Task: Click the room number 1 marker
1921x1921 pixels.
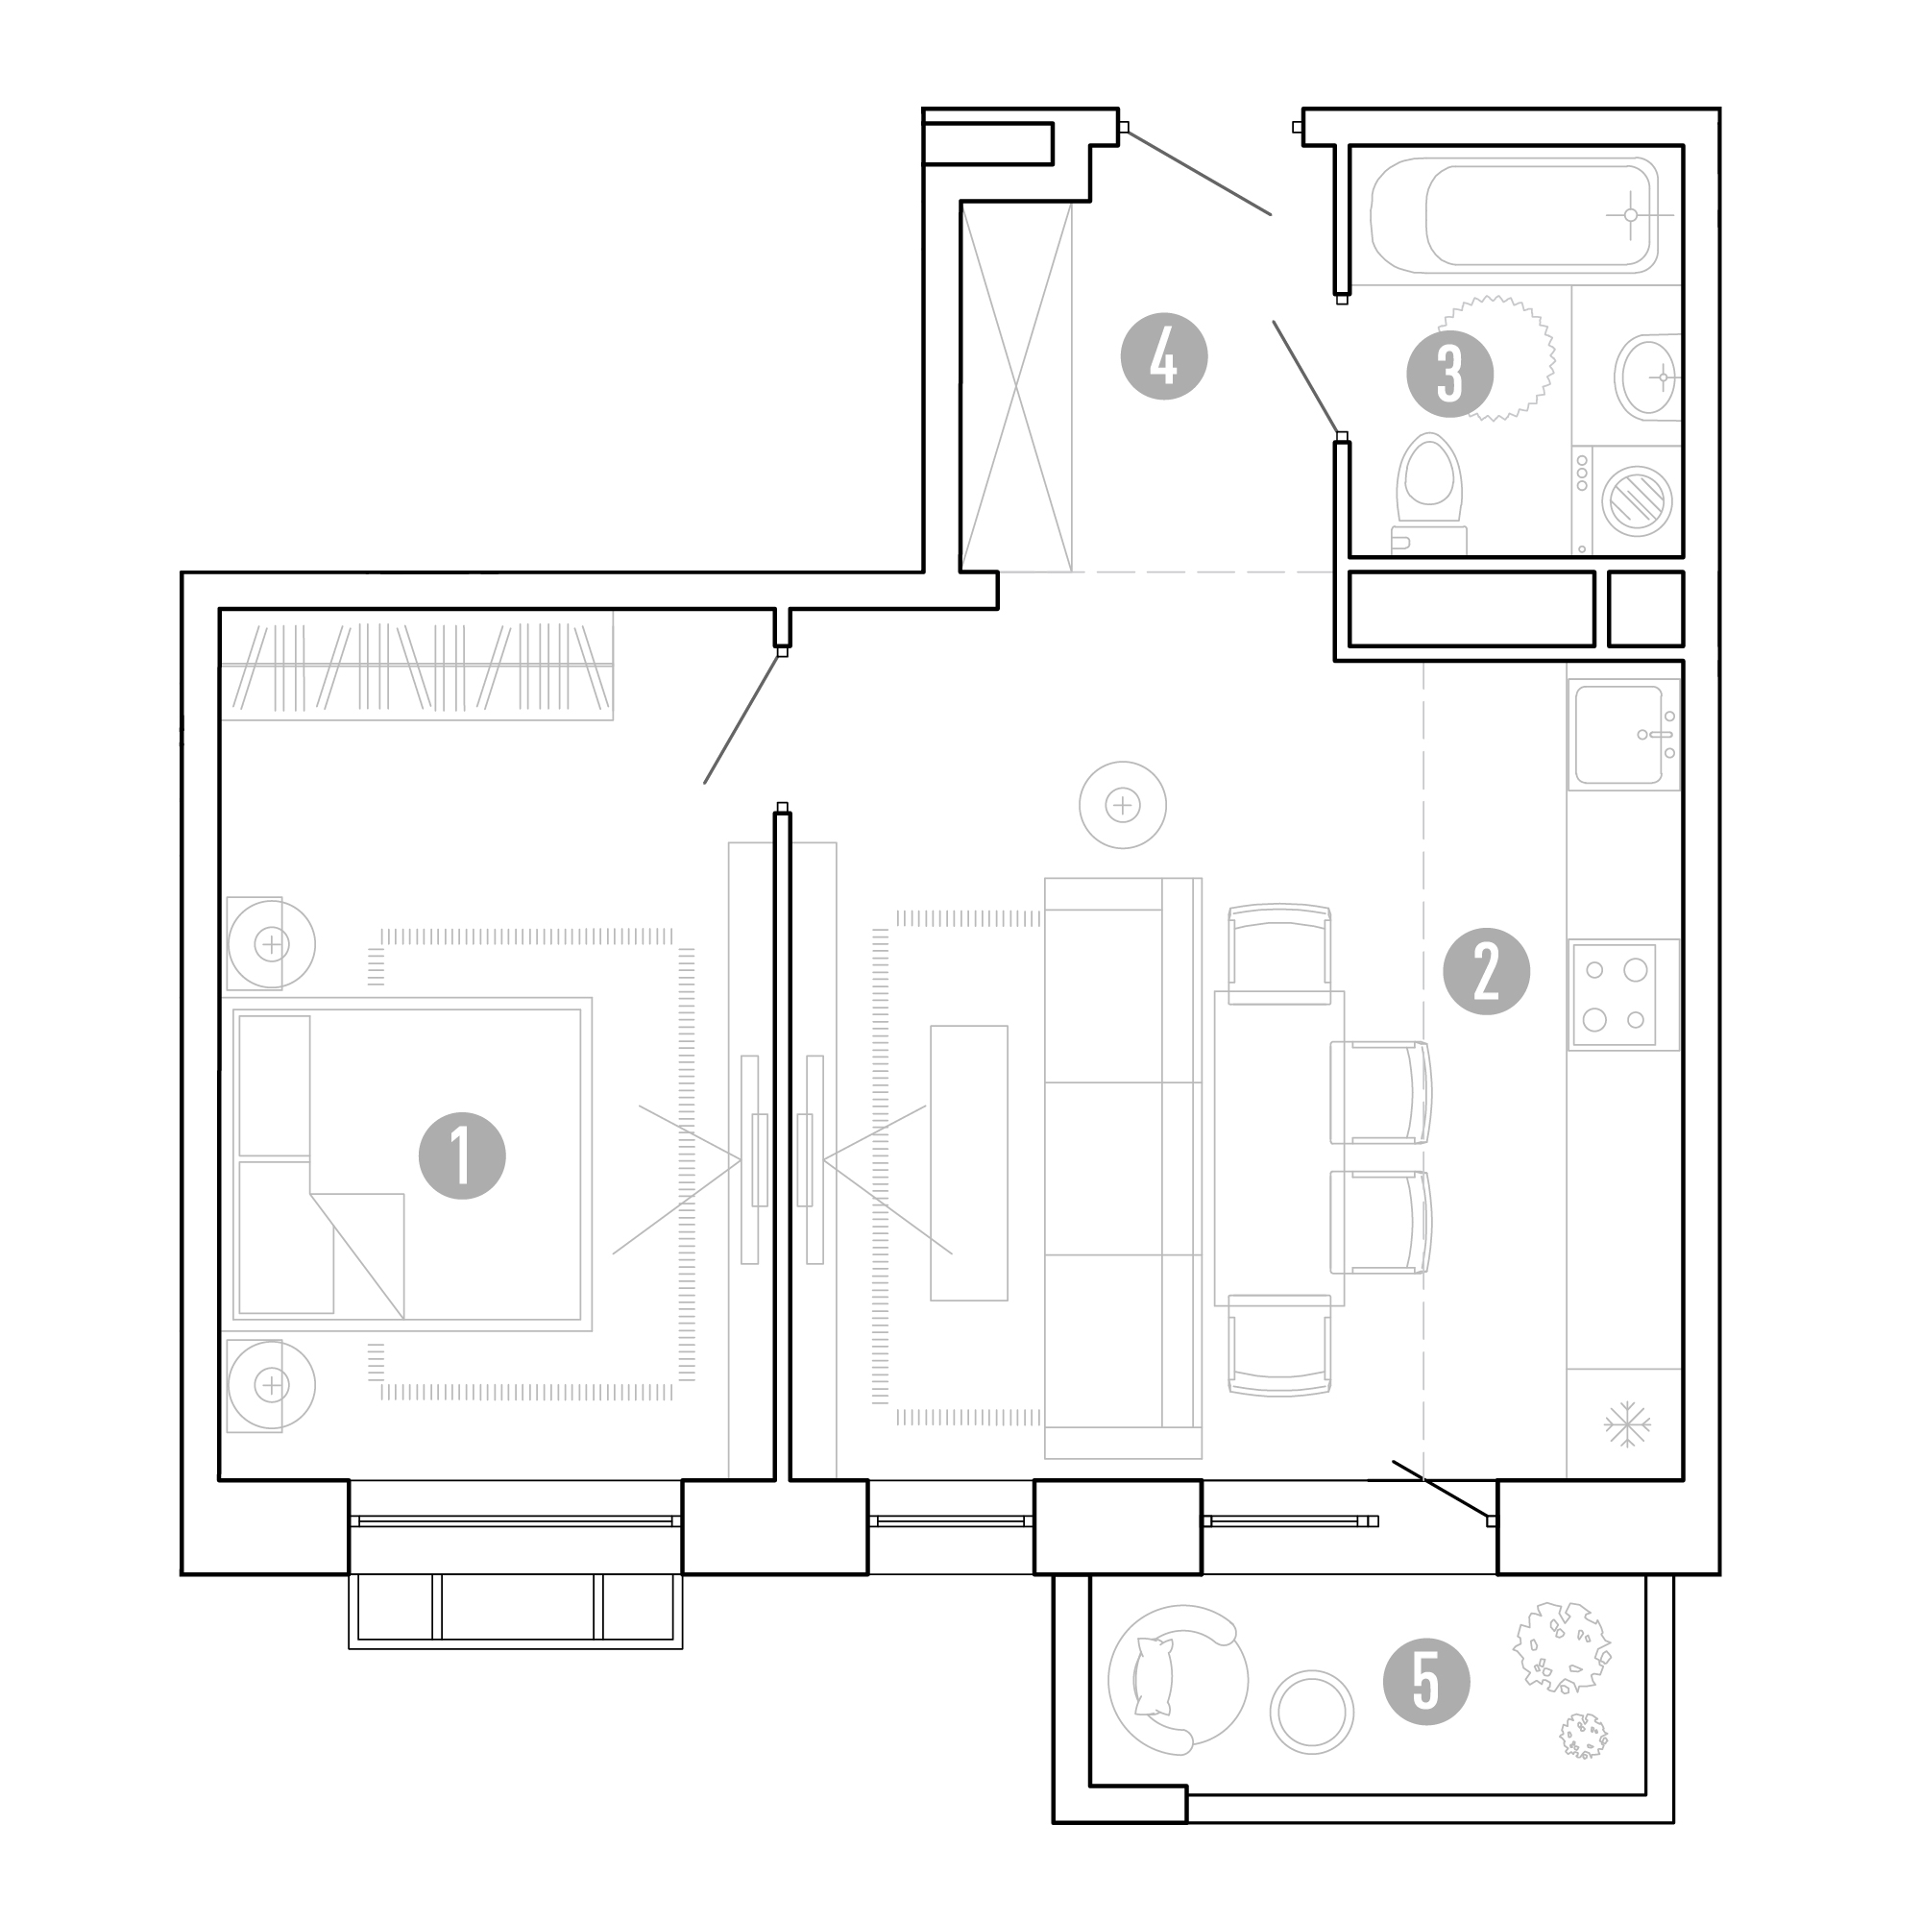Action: point(462,1155)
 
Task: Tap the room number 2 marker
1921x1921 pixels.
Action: point(1487,971)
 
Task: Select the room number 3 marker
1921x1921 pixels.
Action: point(1449,374)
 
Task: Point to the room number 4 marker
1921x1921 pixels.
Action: point(1163,357)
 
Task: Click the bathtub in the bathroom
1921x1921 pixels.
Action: point(1516,216)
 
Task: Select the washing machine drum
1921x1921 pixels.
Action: point(1637,500)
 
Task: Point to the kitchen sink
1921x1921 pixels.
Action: point(1623,735)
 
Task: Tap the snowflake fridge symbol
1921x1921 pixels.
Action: point(1628,1424)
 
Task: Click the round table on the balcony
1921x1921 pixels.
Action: point(1311,1712)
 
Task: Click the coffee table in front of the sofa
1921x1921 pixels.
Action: point(968,1162)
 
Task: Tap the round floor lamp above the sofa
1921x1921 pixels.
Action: point(1123,804)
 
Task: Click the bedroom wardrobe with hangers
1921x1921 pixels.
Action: point(416,665)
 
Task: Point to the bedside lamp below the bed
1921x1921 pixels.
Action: point(271,1384)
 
